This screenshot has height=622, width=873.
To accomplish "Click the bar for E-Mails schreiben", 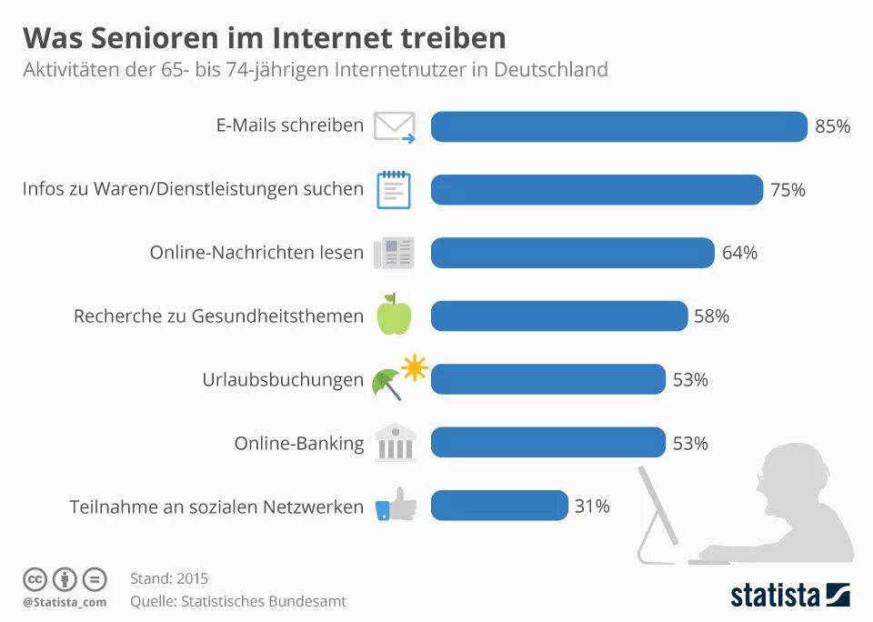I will click(618, 126).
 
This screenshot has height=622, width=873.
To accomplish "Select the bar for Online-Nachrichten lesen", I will click(572, 253).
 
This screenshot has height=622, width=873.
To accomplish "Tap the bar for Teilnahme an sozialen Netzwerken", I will click(499, 506).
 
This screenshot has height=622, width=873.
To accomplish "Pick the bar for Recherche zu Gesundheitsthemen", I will click(558, 316).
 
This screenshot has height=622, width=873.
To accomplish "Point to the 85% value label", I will click(832, 126).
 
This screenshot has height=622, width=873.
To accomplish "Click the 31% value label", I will click(591, 506).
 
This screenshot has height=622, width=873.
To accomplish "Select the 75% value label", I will click(788, 190).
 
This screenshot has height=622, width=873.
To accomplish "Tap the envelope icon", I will click(395, 126).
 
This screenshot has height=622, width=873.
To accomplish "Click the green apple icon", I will click(394, 315).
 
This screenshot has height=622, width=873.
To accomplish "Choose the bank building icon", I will click(394, 442).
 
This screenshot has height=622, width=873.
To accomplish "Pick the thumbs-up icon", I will click(395, 505).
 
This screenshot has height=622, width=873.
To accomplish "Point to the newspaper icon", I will click(394, 253).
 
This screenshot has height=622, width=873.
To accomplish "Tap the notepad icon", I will click(394, 189).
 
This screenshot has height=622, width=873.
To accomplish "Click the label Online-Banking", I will click(298, 444).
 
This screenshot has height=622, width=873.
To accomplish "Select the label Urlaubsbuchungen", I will click(282, 380).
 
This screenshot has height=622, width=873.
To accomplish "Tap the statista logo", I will click(789, 596).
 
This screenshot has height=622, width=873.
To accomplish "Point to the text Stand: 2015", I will click(169, 578).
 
